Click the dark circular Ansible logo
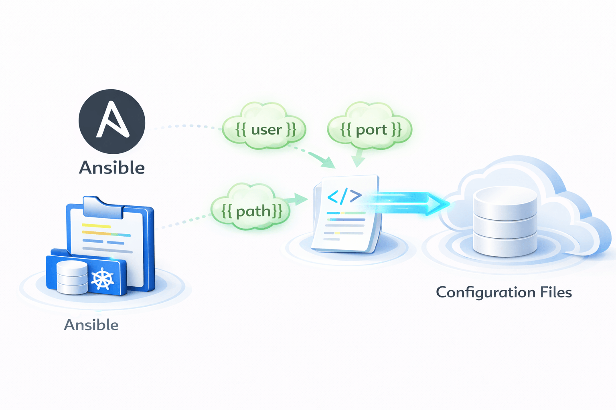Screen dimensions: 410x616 pos(112,121)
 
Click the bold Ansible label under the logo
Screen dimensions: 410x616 pos(112,168)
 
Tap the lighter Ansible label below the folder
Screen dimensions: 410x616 pos(91,325)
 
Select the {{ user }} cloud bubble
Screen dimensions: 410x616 pos(265,129)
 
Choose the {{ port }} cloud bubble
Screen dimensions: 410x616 pos(370,129)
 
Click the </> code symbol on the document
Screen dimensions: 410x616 pos(344,196)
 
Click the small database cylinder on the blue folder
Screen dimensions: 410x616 pos(72,277)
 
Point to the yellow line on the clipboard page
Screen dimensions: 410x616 pos(96,226)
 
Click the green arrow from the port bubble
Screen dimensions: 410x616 pos(358,159)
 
